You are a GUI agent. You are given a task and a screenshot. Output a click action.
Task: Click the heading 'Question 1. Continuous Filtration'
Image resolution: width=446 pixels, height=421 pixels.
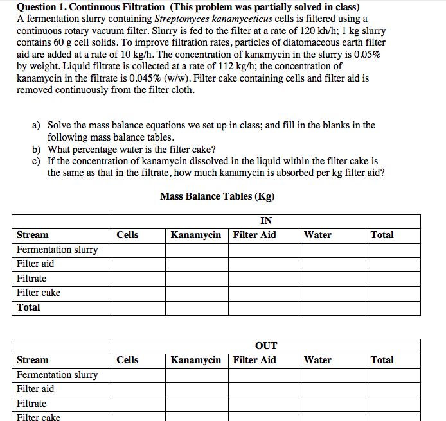[x=91, y=7]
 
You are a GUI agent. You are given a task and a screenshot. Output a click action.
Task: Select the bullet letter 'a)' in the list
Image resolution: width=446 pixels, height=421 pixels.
[x=37, y=125]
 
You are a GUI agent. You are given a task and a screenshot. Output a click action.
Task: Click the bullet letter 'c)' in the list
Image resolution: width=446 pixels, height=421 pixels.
[x=37, y=161]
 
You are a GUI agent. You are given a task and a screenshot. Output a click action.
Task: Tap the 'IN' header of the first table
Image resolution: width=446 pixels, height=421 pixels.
[x=266, y=221]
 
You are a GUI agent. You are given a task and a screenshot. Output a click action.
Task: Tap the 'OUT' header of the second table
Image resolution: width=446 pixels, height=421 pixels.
[x=266, y=346]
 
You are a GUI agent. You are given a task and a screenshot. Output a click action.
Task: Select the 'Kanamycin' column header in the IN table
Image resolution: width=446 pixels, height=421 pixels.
[x=195, y=235]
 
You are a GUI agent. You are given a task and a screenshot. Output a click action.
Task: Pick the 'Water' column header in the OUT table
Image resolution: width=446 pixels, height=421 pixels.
[x=317, y=360]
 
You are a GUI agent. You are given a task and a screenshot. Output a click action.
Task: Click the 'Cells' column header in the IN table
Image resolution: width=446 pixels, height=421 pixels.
[x=127, y=235]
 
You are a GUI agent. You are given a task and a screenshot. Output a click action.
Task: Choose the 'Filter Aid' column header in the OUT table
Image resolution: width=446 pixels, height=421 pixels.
[x=254, y=360]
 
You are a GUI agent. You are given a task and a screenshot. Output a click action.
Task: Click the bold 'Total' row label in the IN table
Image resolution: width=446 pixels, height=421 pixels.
[x=28, y=307]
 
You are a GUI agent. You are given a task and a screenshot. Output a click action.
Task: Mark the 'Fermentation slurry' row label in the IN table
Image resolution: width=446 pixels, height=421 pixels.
[x=57, y=250]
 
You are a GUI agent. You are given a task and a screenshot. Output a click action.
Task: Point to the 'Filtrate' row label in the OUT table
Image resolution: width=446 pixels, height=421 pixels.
[x=31, y=404]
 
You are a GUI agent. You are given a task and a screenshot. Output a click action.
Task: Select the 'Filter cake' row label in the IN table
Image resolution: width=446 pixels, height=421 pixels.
[x=39, y=293]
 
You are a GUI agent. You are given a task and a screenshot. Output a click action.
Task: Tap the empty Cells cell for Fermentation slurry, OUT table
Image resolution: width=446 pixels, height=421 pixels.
[x=138, y=375]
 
